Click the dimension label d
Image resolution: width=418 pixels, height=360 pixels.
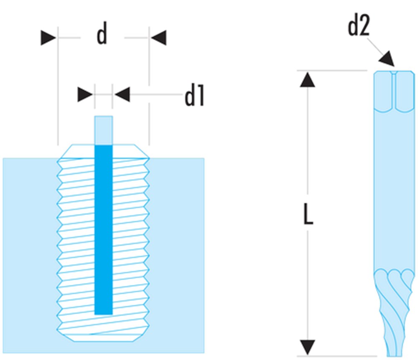click(102, 36)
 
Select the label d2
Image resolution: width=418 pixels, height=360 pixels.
click(359, 27)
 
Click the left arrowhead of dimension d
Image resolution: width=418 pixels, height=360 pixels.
click(48, 38)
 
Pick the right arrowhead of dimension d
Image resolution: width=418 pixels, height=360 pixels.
click(159, 38)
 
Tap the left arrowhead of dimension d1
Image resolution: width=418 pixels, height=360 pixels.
click(85, 94)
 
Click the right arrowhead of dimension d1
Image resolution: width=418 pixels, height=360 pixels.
click(122, 94)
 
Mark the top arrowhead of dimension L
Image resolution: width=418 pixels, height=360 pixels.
click(308, 79)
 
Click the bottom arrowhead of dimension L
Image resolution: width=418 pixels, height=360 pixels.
click(308, 347)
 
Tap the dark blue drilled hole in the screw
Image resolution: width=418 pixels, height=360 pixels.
click(104, 230)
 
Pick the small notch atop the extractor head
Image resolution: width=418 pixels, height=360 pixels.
click(394, 73)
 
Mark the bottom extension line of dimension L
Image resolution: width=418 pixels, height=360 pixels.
click(334, 356)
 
